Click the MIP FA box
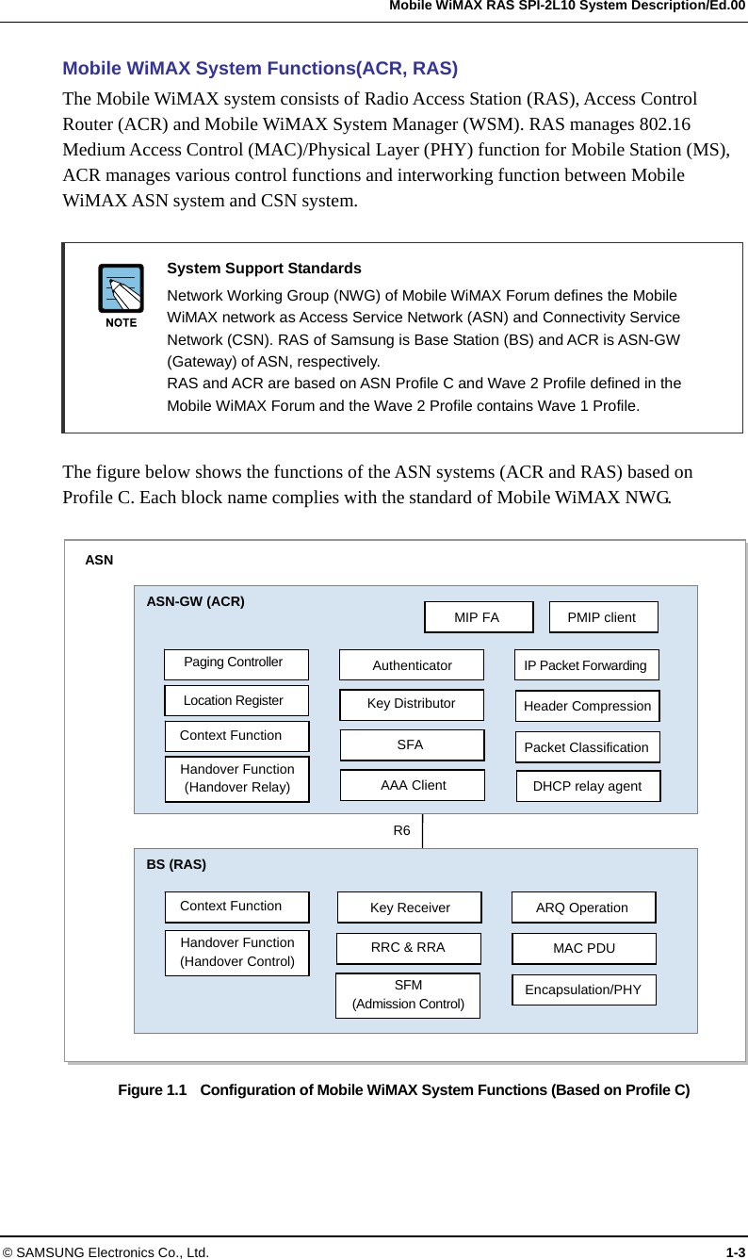[479, 617]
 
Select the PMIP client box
[603, 617]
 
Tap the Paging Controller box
[236, 663]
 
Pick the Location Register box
[236, 700]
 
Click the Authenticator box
[411, 665]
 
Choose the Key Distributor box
[411, 704]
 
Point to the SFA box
[411, 744]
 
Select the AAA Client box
[412, 785]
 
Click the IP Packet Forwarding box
[586, 665]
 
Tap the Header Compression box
[587, 706]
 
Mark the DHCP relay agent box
[588, 786]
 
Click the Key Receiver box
[409, 907]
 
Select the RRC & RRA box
[408, 948]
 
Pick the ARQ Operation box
[583, 907]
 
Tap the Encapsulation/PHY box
[583, 989]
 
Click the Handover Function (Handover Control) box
[236, 952]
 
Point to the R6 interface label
[401, 830]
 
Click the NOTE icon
[121, 295]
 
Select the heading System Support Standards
[264, 269]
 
